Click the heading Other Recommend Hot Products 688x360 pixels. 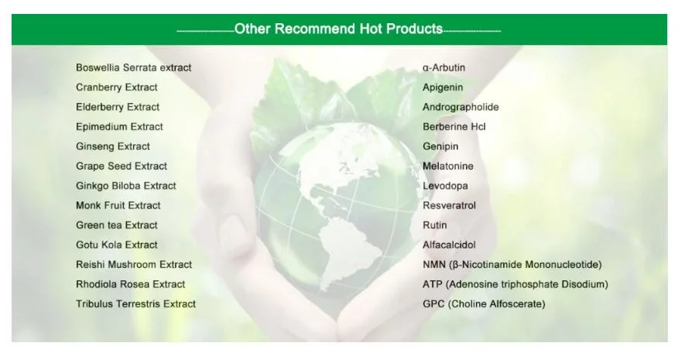(338, 29)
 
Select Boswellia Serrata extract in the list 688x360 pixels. (133, 67)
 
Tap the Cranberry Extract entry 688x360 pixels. (116, 87)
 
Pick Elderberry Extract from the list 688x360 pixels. (118, 107)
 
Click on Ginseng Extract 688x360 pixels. (113, 146)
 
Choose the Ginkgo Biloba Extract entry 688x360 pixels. (126, 186)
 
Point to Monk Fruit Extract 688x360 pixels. (118, 205)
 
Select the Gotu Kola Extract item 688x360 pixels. (116, 245)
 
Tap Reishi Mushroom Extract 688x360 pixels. (134, 265)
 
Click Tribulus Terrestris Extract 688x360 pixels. (135, 303)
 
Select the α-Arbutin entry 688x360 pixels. (443, 67)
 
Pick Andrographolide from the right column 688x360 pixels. (460, 108)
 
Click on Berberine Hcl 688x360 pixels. (454, 127)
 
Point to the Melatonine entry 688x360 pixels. (448, 166)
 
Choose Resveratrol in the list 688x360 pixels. (449, 205)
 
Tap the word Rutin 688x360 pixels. (434, 225)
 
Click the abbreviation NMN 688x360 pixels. (434, 265)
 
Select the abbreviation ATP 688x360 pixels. (432, 284)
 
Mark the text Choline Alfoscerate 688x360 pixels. (496, 304)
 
